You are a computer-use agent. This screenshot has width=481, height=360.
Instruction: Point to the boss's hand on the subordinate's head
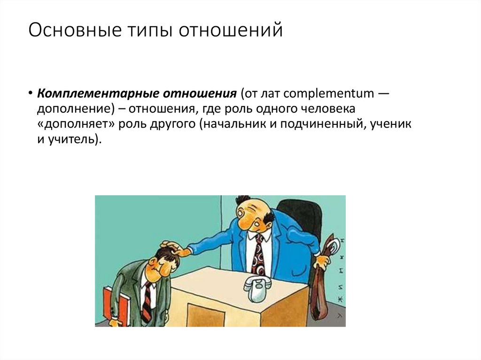tap(173, 247)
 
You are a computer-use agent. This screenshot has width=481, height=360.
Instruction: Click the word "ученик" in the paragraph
tap(391, 124)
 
